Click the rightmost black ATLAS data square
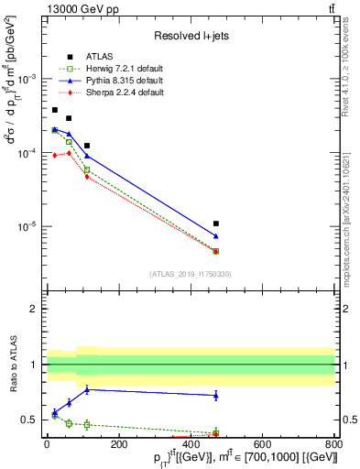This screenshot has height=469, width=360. pyautogui.click(x=216, y=224)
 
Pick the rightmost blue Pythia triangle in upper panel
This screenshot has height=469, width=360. pyautogui.click(x=216, y=236)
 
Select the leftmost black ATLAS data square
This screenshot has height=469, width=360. pyautogui.click(x=55, y=110)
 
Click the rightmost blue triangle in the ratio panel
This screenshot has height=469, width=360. pyautogui.click(x=216, y=395)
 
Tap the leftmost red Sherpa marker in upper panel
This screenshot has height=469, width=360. pyautogui.click(x=55, y=156)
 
